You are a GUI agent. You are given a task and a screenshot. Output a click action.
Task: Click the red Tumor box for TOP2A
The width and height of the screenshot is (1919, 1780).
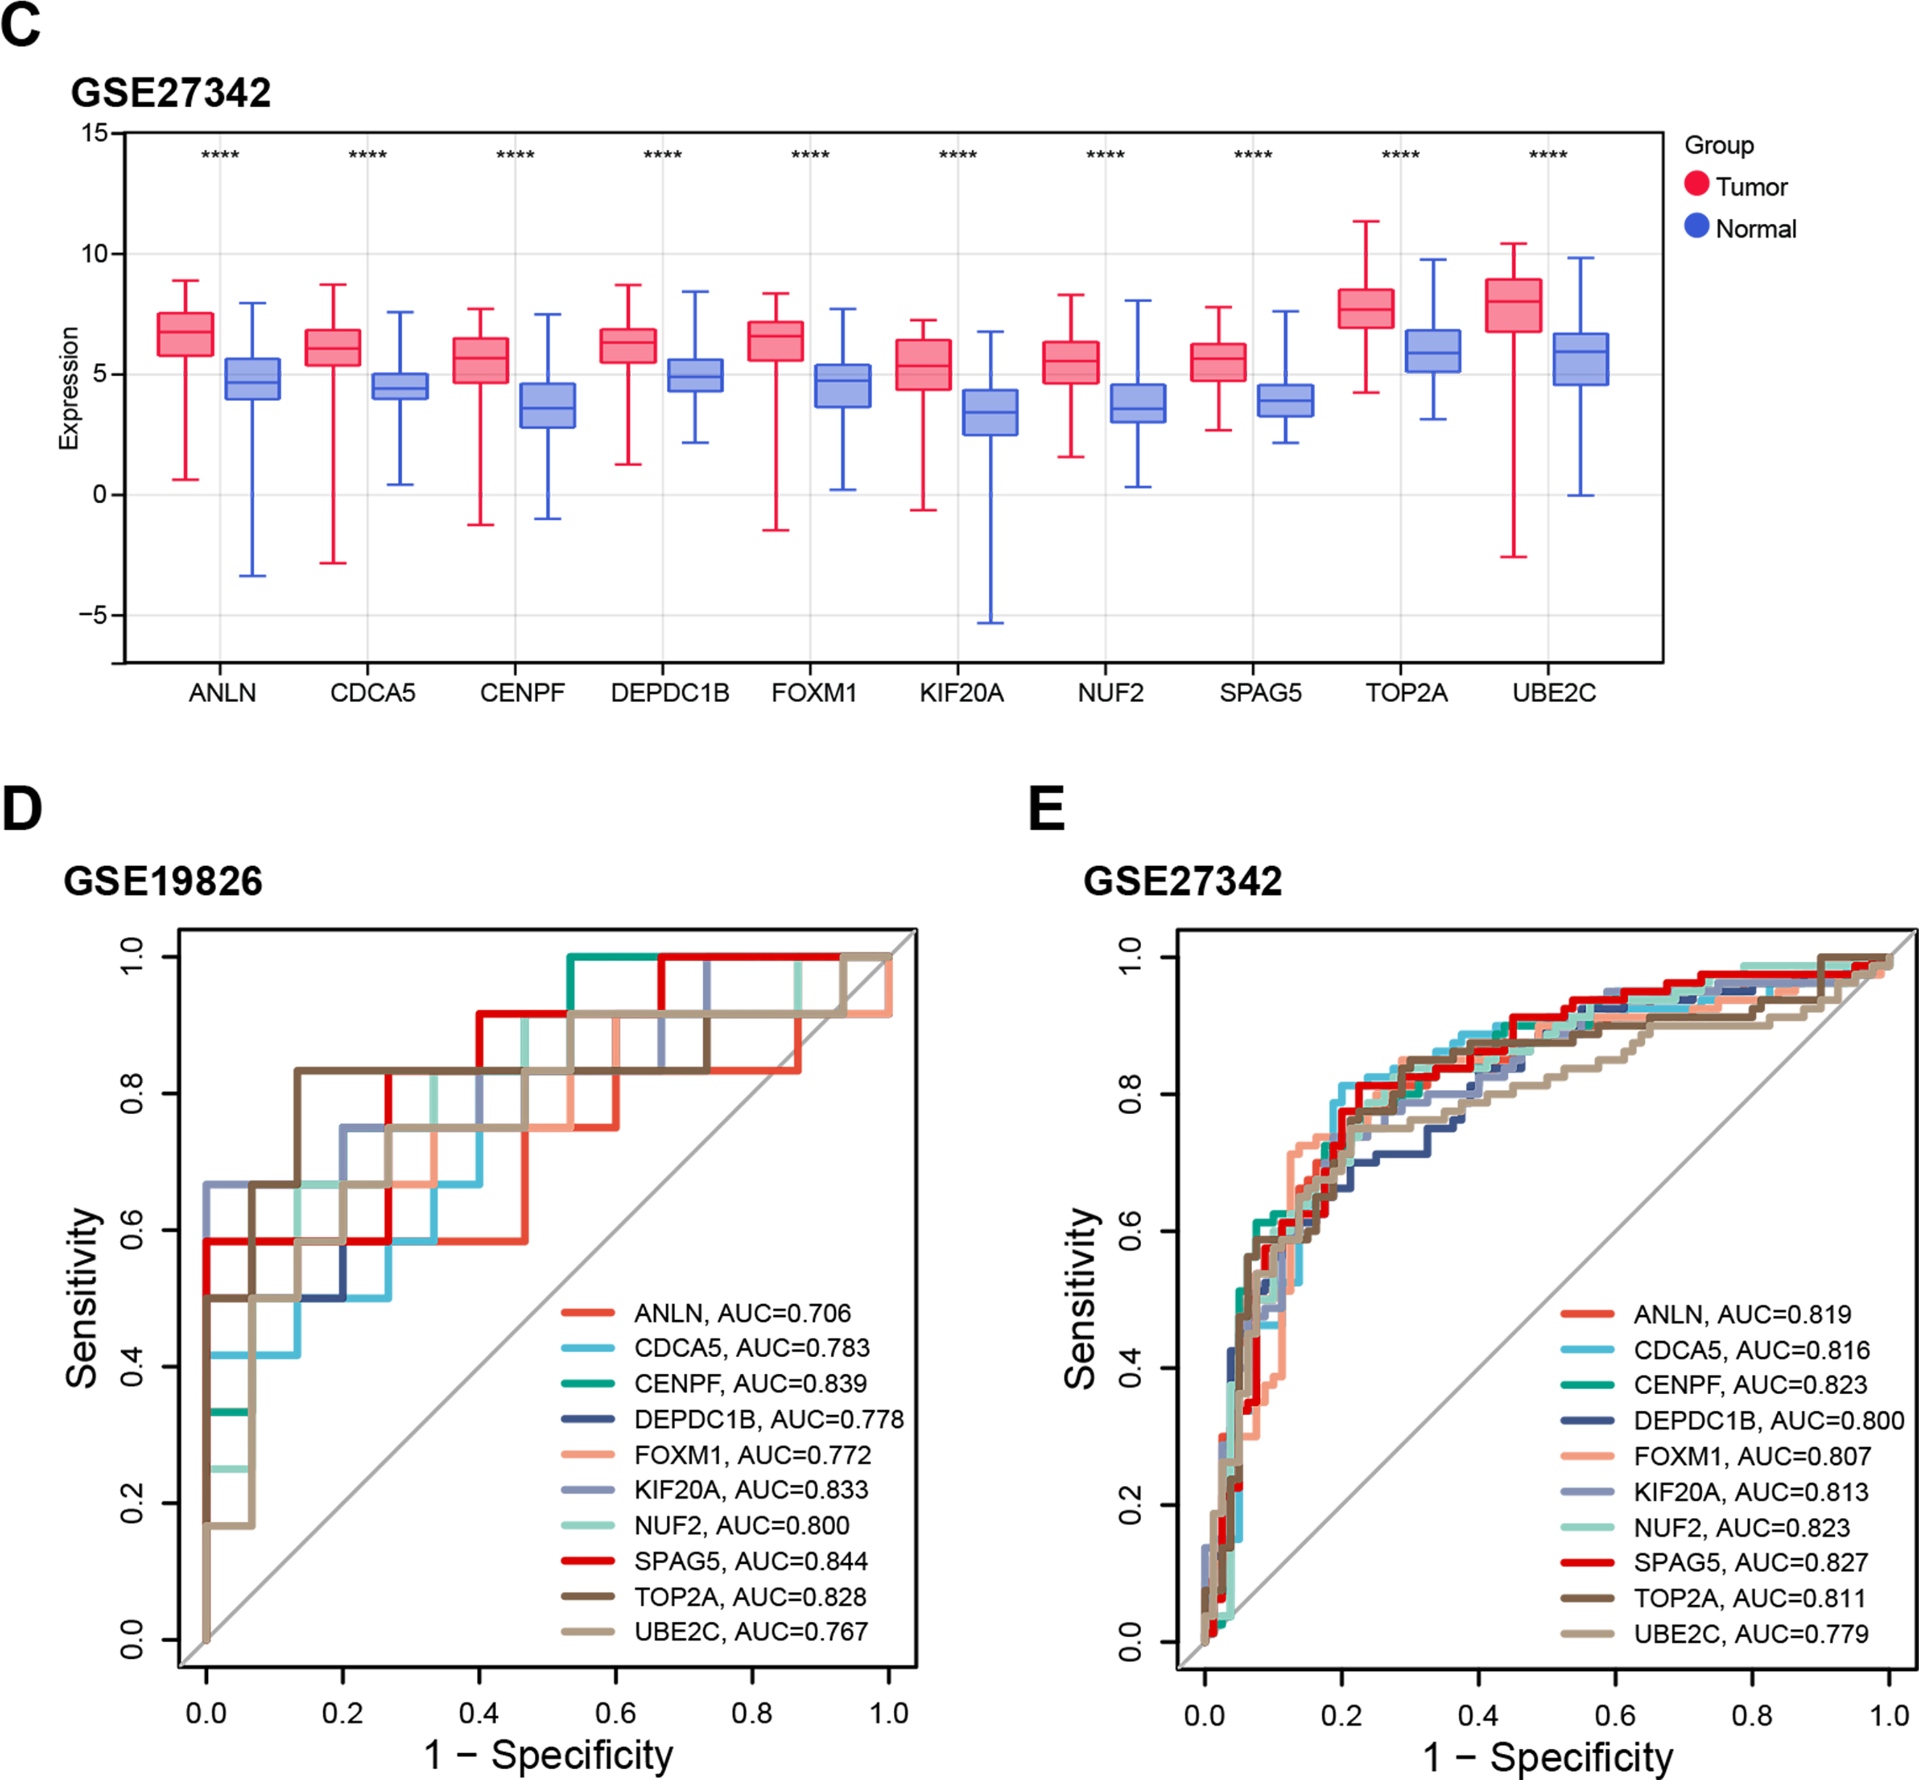[x=1366, y=308]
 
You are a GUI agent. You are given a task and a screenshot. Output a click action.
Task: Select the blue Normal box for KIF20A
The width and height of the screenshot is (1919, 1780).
[x=990, y=412]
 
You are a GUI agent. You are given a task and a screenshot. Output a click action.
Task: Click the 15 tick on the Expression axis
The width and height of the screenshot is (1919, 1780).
[x=94, y=133]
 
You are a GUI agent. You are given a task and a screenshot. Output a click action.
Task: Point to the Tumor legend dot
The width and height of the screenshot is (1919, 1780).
[x=1696, y=184]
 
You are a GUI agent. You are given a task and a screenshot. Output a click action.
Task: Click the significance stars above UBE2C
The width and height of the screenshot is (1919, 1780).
[x=1547, y=155]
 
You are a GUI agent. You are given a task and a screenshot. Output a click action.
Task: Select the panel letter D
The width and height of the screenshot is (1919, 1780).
[x=22, y=809]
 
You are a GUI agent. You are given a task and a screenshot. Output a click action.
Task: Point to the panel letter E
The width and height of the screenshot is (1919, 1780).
[x=1047, y=809]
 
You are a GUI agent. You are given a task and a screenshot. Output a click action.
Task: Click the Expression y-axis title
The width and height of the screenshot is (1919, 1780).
[x=68, y=388]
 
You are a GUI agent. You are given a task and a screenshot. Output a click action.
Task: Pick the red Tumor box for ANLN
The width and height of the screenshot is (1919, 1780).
[x=185, y=334]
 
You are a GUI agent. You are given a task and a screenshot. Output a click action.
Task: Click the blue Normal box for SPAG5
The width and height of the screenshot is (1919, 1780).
[x=1285, y=401]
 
